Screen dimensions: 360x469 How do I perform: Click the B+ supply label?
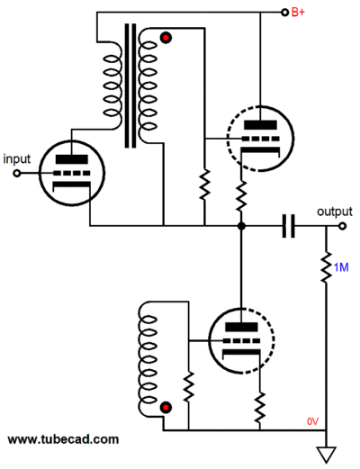click(x=298, y=13)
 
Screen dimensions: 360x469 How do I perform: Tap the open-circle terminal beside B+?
click(x=284, y=13)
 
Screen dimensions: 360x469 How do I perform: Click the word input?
click(x=17, y=159)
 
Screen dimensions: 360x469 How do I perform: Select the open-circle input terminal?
click(x=17, y=173)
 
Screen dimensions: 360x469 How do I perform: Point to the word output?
click(x=335, y=212)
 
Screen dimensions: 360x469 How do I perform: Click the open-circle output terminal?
click(x=342, y=226)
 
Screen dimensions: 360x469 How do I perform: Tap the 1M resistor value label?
click(x=341, y=267)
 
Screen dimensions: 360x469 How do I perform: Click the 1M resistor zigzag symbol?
click(x=326, y=267)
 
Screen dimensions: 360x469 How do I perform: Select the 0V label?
click(x=312, y=421)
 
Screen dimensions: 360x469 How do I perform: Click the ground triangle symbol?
click(x=326, y=455)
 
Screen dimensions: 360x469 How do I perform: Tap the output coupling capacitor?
click(x=289, y=226)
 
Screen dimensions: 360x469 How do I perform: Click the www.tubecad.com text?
click(x=63, y=439)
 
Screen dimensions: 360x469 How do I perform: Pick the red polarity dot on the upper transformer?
click(x=166, y=38)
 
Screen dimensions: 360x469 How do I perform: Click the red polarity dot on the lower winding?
click(x=166, y=408)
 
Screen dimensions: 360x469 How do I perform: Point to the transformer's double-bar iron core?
click(x=130, y=86)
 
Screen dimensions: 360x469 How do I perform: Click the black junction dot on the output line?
click(x=241, y=226)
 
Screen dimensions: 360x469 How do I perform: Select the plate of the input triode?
click(x=72, y=159)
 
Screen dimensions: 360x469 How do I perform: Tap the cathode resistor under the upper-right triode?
click(x=241, y=196)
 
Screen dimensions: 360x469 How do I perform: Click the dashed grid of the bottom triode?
click(x=241, y=341)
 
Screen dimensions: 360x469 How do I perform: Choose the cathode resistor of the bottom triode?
click(x=260, y=407)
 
